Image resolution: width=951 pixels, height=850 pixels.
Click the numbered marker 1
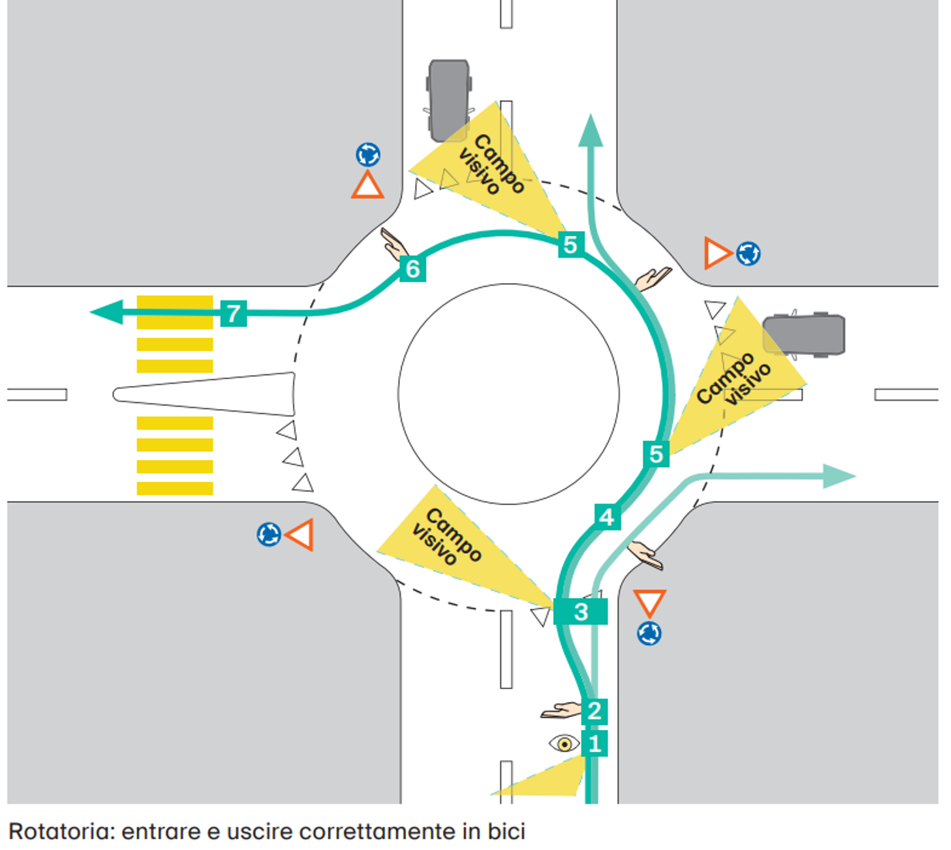click(595, 743)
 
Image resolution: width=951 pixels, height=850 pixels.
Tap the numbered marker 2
click(595, 711)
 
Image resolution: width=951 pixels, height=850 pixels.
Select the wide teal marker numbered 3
click(581, 612)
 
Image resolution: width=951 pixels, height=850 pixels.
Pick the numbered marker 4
click(608, 517)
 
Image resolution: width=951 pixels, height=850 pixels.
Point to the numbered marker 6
click(413, 268)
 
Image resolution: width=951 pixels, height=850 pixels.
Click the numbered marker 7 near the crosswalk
click(233, 312)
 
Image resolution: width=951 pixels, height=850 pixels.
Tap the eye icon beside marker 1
click(564, 743)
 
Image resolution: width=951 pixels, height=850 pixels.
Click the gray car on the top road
click(449, 100)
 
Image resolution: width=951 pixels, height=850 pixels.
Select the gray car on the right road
click(803, 334)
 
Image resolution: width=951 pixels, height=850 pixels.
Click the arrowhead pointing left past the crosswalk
click(107, 312)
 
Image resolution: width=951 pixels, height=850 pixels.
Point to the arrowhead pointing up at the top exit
click(591, 131)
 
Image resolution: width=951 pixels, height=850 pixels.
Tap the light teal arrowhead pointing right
click(840, 476)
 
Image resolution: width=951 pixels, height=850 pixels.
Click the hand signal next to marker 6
click(394, 244)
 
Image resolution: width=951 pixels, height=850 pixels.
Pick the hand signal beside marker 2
click(561, 710)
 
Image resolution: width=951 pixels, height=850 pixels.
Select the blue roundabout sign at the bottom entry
click(649, 633)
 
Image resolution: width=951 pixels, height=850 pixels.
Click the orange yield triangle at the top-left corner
click(367, 186)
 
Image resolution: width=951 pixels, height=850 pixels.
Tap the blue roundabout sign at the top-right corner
click(748, 254)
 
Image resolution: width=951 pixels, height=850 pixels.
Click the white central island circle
click(508, 394)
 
